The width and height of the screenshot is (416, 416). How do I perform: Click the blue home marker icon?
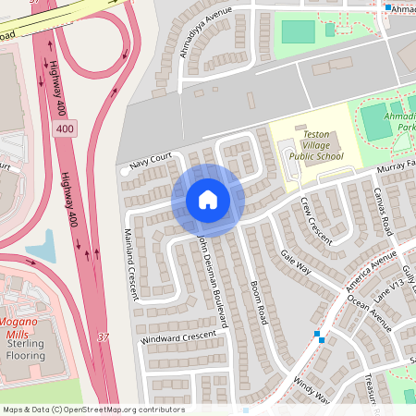click(208, 199)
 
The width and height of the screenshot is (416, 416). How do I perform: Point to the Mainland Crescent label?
click(129, 264)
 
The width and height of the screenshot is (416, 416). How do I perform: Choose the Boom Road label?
click(258, 300)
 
